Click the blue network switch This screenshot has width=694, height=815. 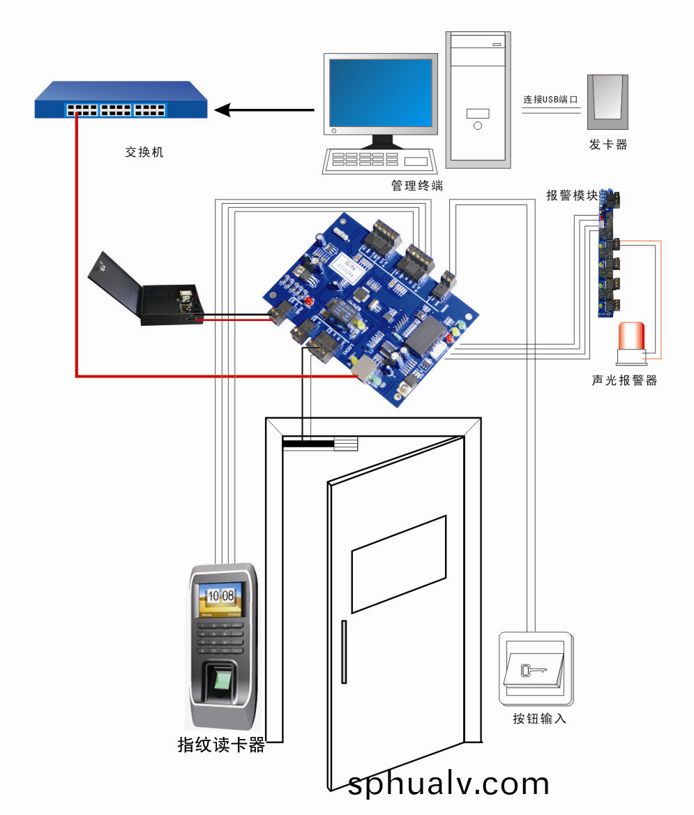tap(121, 100)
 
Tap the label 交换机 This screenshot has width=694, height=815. tap(144, 152)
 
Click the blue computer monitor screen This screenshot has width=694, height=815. tap(380, 91)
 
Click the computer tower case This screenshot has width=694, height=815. tap(478, 99)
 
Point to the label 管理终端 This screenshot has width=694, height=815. tap(417, 186)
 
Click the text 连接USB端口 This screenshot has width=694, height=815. tap(551, 100)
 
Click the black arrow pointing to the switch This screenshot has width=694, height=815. tap(265, 110)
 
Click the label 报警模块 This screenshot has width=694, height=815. tap(572, 196)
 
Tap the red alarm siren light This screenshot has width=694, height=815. tap(631, 338)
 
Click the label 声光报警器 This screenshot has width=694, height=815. tap(624, 381)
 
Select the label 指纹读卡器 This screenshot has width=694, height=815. tap(222, 745)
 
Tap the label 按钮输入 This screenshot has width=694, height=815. tap(539, 719)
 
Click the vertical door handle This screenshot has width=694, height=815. tap(343, 650)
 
